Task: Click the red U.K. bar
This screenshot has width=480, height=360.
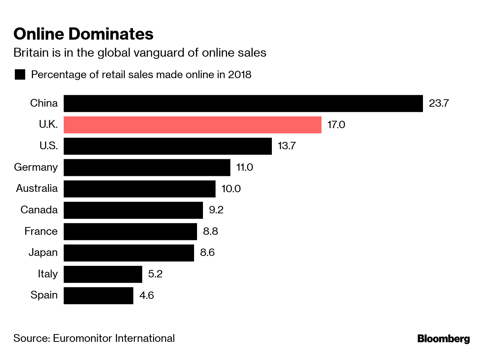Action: click(193, 125)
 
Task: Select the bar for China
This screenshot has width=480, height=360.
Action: click(243, 103)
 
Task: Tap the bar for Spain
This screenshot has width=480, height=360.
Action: click(99, 296)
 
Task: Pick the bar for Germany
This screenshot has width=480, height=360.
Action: click(147, 167)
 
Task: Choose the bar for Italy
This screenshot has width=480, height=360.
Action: click(103, 274)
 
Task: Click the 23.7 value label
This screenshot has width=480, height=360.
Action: click(439, 103)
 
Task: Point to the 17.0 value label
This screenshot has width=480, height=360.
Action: click(336, 124)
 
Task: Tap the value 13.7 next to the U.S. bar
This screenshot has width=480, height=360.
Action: click(286, 146)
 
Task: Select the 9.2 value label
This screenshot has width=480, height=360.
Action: click(216, 210)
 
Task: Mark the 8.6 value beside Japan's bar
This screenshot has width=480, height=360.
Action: click(207, 253)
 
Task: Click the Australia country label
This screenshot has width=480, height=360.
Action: click(37, 189)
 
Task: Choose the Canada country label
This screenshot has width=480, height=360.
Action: click(39, 210)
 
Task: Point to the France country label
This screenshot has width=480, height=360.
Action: click(41, 231)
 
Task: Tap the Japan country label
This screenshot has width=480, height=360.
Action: click(43, 253)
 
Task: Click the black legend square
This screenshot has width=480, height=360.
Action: click(20, 74)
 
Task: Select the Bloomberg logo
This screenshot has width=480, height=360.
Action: click(443, 339)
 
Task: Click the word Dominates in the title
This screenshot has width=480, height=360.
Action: click(111, 34)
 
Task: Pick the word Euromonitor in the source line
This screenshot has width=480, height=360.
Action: click(83, 339)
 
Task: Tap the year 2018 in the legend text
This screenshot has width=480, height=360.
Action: click(240, 75)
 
